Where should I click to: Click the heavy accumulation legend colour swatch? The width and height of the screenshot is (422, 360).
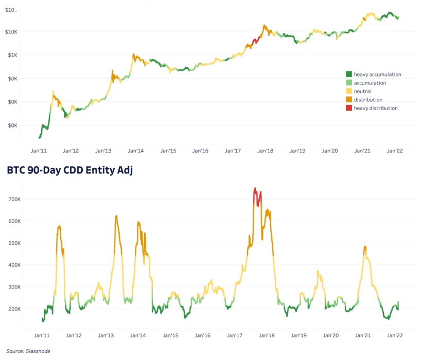click(349, 75)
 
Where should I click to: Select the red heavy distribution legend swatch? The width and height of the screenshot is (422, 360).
click(349, 108)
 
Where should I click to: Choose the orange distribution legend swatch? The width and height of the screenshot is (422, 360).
click(349, 100)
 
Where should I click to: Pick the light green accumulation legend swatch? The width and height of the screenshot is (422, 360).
click(349, 83)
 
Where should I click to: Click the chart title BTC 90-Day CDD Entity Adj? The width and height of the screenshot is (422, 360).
click(69, 171)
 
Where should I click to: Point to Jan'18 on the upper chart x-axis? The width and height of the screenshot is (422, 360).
click(266, 151)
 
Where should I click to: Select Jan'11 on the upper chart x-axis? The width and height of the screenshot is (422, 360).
click(39, 151)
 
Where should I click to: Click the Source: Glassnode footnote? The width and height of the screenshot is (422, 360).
click(29, 351)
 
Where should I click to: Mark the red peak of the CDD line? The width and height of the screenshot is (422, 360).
click(255, 189)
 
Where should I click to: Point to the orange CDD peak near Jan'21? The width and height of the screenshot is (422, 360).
click(365, 247)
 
